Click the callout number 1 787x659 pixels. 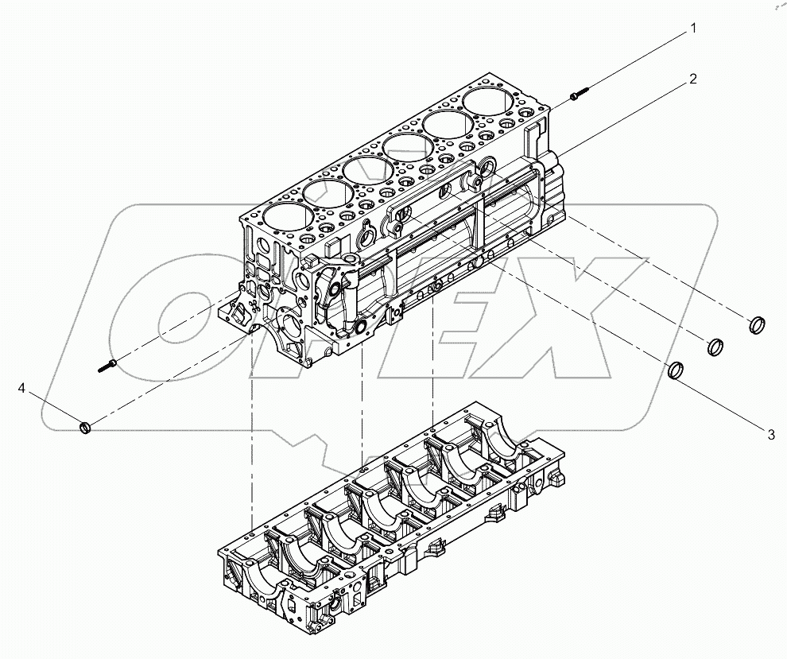coord(693,29)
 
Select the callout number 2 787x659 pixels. coord(693,79)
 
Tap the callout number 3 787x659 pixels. coord(770,434)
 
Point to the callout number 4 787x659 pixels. coord(22,388)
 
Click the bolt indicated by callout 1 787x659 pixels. coord(578,96)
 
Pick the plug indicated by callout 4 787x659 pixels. coord(86,429)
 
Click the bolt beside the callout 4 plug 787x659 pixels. coord(109,366)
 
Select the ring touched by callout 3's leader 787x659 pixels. coord(677,370)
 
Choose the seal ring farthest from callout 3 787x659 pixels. coord(758,324)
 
